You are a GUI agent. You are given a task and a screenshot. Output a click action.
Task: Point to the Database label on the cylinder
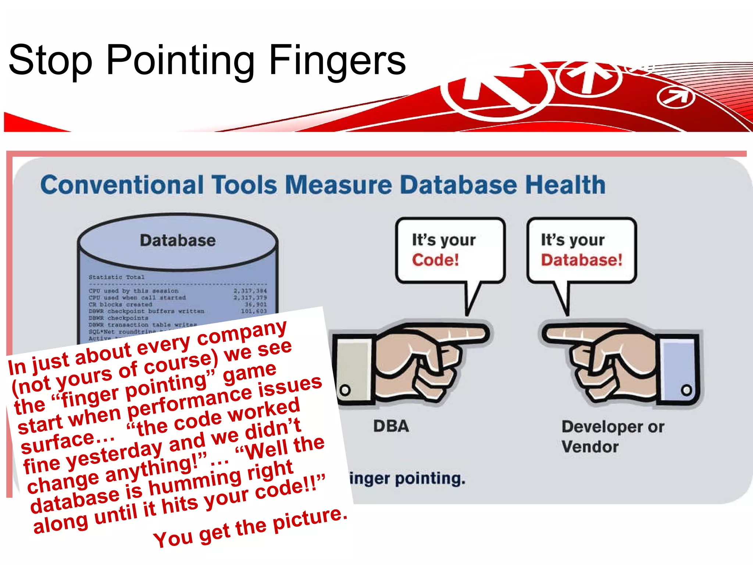pos(178,241)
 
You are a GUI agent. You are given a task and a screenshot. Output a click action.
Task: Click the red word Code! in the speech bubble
pos(435,260)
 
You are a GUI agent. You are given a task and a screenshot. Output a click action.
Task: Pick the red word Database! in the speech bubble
pos(581,260)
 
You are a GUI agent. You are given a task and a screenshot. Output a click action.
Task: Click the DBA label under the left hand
pos(391,426)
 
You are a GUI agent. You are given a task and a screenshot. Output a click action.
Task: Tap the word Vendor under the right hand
pos(590,447)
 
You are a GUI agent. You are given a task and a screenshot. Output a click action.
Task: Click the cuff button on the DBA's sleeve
pos(345,390)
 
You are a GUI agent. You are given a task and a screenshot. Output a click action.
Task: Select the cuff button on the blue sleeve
pos(686,390)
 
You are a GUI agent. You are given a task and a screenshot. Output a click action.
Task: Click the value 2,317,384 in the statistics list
pos(250,291)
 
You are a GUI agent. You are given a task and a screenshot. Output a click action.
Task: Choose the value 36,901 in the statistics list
pos(256,305)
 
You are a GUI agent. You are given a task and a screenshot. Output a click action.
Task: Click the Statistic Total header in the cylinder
pos(116,277)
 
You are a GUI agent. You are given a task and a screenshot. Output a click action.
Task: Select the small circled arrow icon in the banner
pos(676,97)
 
